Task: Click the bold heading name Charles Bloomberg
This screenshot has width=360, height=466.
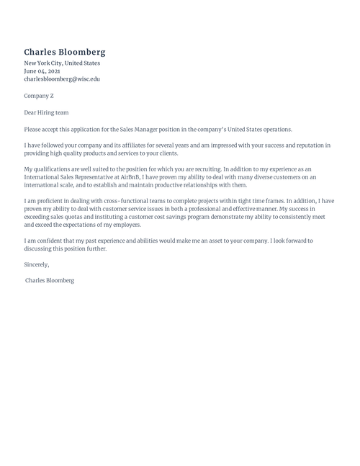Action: [65, 52]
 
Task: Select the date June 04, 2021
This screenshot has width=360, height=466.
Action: [42, 71]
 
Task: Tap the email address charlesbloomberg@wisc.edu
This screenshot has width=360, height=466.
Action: [62, 79]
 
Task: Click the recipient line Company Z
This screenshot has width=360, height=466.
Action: [39, 96]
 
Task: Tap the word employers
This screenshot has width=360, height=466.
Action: [123, 225]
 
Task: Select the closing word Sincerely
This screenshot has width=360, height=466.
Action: [37, 264]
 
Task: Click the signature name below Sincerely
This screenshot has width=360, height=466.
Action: [50, 280]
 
